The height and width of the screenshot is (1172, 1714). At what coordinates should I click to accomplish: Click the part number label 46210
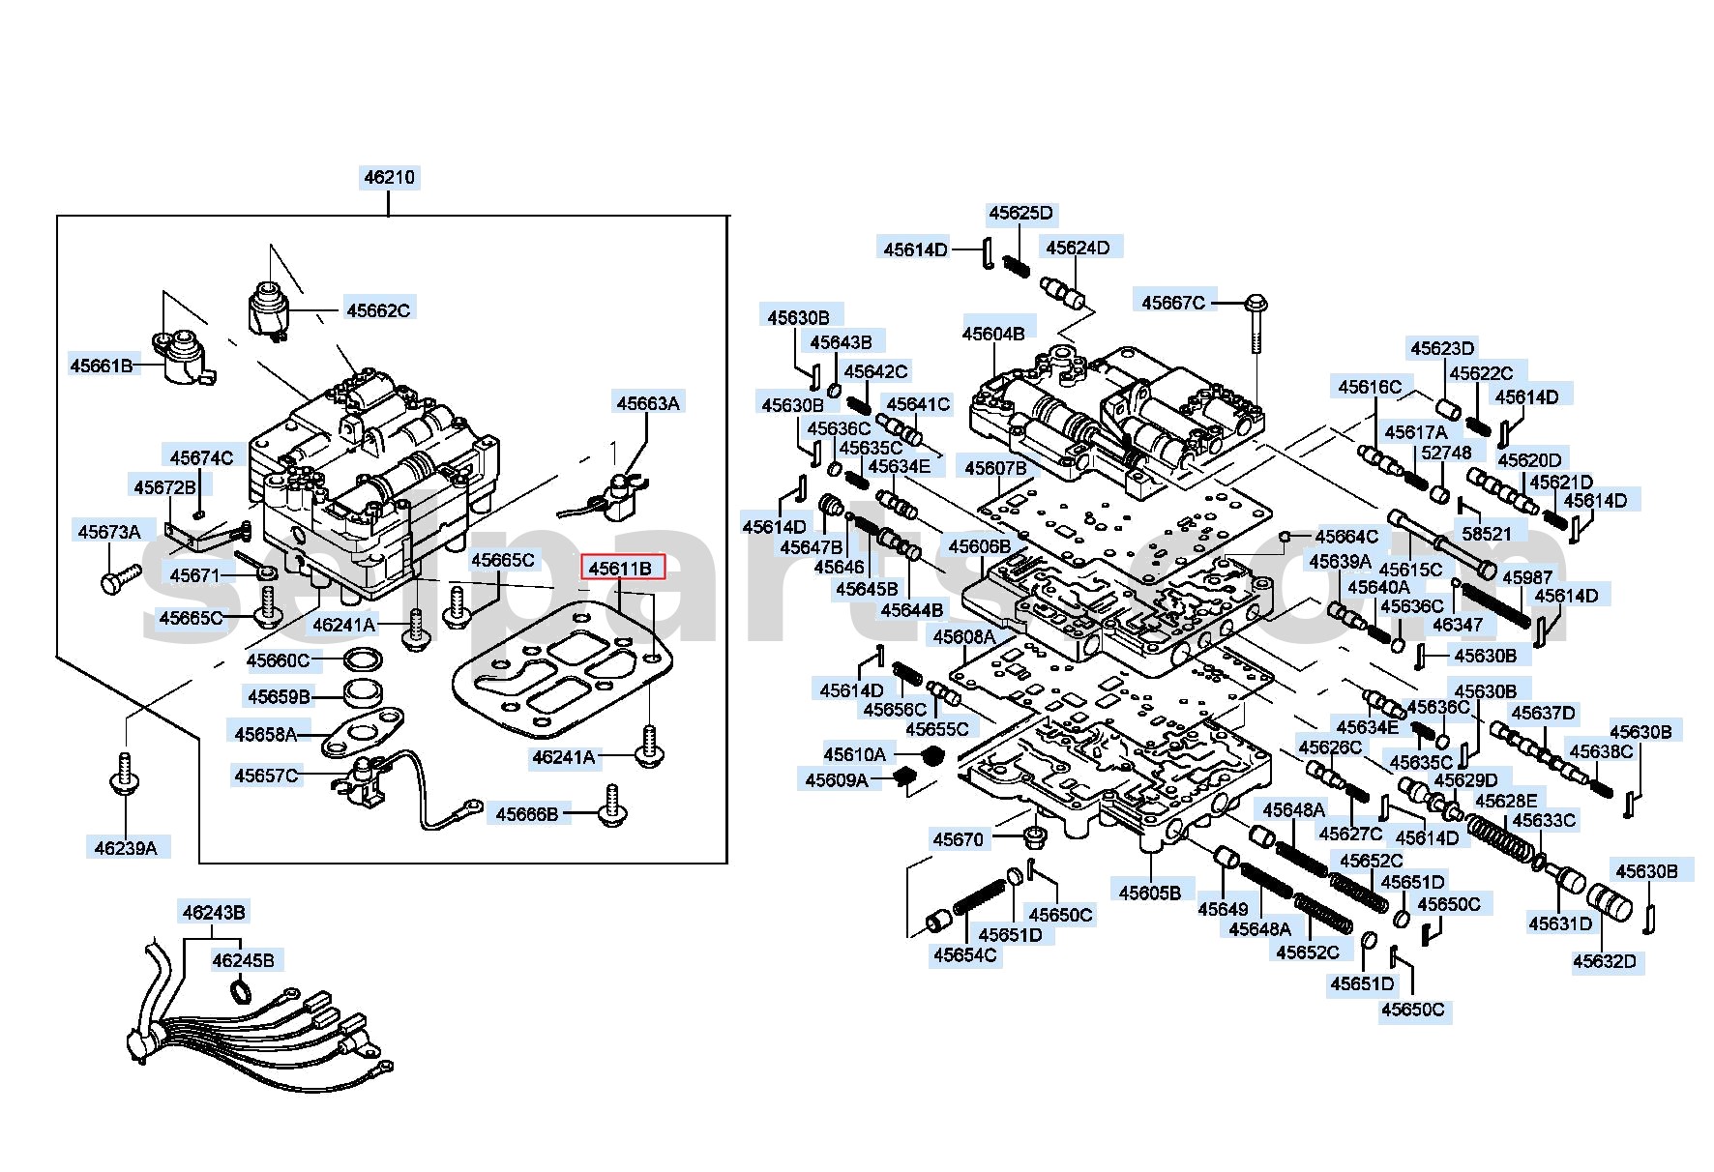point(389,177)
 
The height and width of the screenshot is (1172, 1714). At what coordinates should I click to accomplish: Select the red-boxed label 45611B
point(622,568)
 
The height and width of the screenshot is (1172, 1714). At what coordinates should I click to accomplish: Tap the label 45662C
point(378,310)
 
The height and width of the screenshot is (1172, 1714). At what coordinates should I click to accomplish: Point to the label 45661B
point(102,366)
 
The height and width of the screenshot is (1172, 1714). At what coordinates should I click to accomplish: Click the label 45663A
point(648,403)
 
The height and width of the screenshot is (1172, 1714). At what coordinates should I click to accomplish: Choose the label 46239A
point(126,848)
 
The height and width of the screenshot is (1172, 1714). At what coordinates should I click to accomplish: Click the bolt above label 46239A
point(124,774)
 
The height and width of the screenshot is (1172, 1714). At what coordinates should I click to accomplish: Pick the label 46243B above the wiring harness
point(214,912)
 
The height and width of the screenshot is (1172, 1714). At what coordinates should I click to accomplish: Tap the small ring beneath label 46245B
point(239,990)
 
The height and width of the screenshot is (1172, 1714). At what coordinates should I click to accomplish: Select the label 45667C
point(1173,303)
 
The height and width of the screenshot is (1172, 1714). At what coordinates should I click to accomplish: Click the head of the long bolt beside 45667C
point(1256,305)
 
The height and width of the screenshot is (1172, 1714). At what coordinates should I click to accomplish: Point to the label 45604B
point(993,334)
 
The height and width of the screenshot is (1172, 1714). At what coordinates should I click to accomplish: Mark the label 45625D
point(1020,213)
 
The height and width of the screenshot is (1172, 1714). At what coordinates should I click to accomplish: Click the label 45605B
point(1150,893)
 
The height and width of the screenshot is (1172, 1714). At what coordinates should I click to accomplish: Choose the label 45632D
point(1605,961)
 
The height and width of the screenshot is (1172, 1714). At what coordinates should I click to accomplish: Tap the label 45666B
point(527,814)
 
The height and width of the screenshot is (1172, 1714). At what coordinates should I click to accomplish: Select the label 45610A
point(855,754)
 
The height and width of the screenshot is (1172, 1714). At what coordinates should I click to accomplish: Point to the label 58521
point(1487,533)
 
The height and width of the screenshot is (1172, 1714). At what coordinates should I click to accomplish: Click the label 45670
point(958,839)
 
